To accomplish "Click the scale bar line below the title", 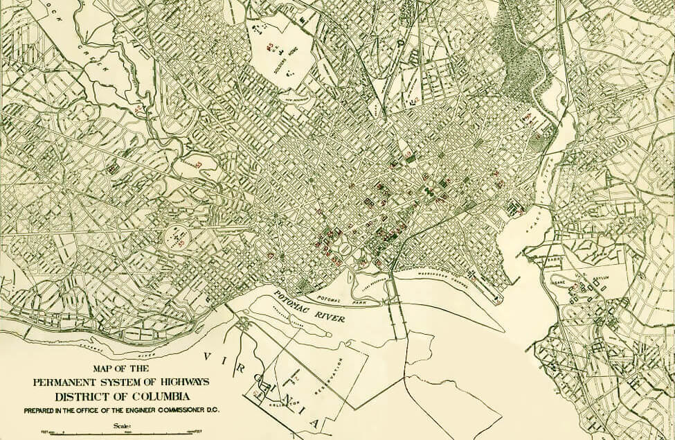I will (x=111, y=433).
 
